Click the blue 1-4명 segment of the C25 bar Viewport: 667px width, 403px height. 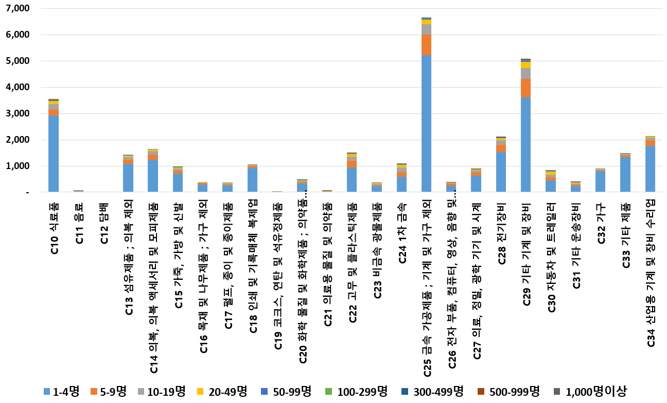coord(426,124)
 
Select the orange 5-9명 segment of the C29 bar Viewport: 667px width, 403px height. coord(525,88)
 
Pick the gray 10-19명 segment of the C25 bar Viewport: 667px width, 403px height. coord(426,29)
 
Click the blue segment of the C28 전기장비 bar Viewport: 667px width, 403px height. coord(501,172)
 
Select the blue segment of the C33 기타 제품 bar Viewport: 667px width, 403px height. coord(625,175)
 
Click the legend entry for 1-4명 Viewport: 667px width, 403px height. coord(61,392)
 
